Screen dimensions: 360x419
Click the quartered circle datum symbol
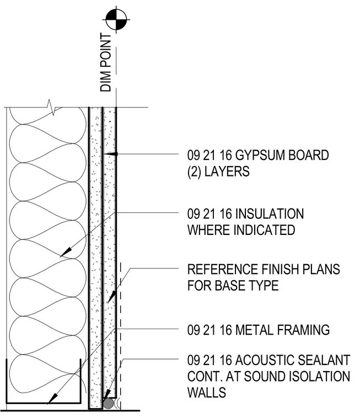(x=116, y=19)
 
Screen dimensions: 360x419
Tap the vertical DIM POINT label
(x=105, y=62)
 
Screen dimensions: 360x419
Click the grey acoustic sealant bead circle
(x=108, y=403)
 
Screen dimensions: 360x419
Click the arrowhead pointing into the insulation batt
(x=66, y=253)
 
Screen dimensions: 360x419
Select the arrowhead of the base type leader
(x=111, y=297)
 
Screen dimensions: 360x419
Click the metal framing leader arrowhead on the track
(x=52, y=399)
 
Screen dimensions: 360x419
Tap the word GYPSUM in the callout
(x=257, y=155)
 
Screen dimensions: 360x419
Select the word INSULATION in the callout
(x=270, y=214)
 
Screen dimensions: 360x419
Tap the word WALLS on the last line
(x=207, y=393)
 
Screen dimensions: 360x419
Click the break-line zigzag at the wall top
(x=51, y=107)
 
